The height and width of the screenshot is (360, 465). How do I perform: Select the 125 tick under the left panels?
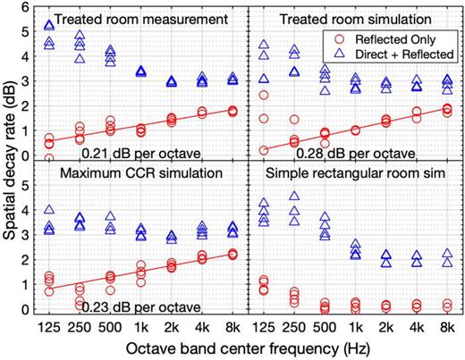(50, 325)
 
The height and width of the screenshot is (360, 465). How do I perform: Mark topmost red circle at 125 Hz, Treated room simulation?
(264, 95)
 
